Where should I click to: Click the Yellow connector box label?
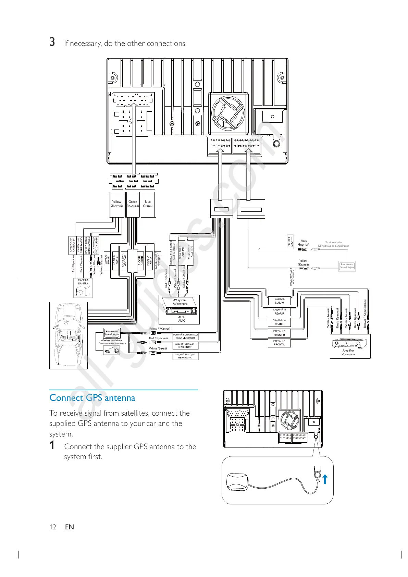(x=116, y=204)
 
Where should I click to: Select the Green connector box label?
(x=133, y=204)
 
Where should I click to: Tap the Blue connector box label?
(x=148, y=204)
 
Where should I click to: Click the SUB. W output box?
(x=279, y=301)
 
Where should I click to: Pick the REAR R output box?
(x=279, y=311)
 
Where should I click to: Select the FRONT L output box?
(x=279, y=343)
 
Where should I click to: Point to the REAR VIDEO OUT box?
(x=185, y=336)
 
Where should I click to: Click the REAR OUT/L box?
(x=185, y=356)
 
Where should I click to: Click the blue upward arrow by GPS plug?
(x=325, y=479)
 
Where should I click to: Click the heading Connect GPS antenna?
(x=92, y=398)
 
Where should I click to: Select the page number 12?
(x=53, y=527)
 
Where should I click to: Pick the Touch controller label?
(x=333, y=244)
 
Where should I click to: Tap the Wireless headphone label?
(x=112, y=342)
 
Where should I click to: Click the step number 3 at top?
(x=52, y=42)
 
